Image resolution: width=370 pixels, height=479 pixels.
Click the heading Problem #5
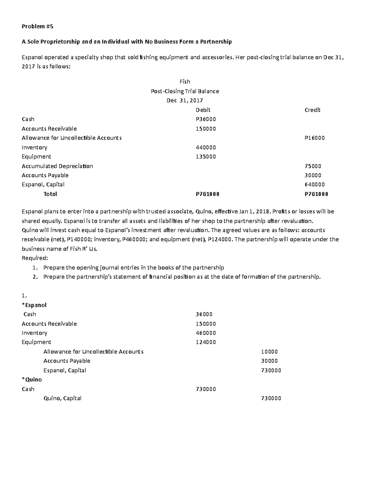37,27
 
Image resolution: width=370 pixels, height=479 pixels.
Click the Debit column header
203,110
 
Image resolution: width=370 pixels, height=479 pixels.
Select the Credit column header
312,110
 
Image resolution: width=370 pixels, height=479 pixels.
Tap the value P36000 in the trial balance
206,119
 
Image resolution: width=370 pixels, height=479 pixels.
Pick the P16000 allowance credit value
314,138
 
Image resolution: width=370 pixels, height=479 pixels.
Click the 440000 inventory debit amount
206,147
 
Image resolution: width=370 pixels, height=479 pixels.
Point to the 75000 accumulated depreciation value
313,166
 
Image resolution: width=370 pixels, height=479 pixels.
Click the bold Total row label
50,194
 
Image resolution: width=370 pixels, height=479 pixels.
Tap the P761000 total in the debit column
208,194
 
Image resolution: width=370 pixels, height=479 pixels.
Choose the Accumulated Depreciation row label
57,166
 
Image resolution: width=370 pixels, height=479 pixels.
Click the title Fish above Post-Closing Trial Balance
185,82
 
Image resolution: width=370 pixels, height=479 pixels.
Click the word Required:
35,258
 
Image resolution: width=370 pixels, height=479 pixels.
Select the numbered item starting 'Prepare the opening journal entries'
134,267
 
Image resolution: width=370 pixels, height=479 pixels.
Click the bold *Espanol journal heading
34,305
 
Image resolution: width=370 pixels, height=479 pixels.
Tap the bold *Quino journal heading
32,379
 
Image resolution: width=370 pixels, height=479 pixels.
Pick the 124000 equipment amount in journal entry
206,342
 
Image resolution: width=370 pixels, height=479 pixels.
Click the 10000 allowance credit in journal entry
269,352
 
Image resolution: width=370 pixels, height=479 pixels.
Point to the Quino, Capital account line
62,398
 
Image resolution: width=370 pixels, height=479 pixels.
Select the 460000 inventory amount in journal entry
206,333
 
